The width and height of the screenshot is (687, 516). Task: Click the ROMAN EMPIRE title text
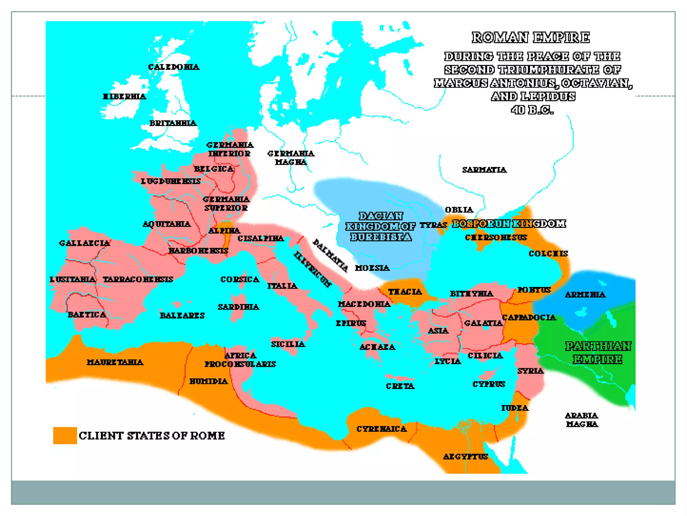530,37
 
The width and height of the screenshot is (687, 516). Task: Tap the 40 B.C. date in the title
532,110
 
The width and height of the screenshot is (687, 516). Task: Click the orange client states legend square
65,435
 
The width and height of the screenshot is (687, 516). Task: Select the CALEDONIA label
174,67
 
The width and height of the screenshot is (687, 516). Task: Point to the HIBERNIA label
124,97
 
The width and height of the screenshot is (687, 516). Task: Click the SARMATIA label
484,170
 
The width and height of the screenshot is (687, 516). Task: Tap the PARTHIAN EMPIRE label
598,353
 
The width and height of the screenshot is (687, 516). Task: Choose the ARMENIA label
585,295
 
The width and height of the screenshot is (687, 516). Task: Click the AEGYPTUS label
466,457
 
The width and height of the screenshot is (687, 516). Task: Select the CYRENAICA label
382,429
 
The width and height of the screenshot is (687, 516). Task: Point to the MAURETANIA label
115,362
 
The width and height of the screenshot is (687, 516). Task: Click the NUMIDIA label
209,381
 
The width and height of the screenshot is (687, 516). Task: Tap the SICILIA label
288,344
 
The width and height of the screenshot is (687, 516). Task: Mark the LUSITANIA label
72,279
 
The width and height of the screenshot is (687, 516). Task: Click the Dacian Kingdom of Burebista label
381,226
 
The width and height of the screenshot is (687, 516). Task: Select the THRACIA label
405,292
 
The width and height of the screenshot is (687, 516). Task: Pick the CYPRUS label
489,384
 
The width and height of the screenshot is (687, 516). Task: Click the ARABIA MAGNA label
582,420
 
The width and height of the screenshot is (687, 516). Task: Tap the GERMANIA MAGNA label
291,158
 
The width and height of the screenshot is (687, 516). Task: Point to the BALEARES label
182,315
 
